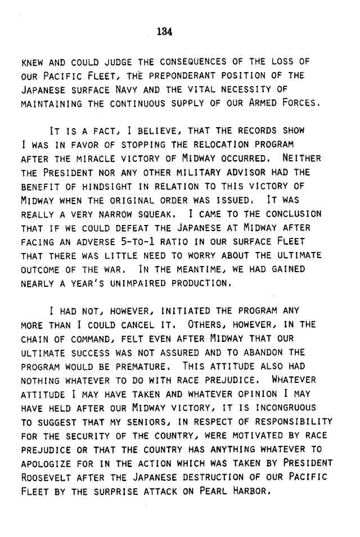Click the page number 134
165,31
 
